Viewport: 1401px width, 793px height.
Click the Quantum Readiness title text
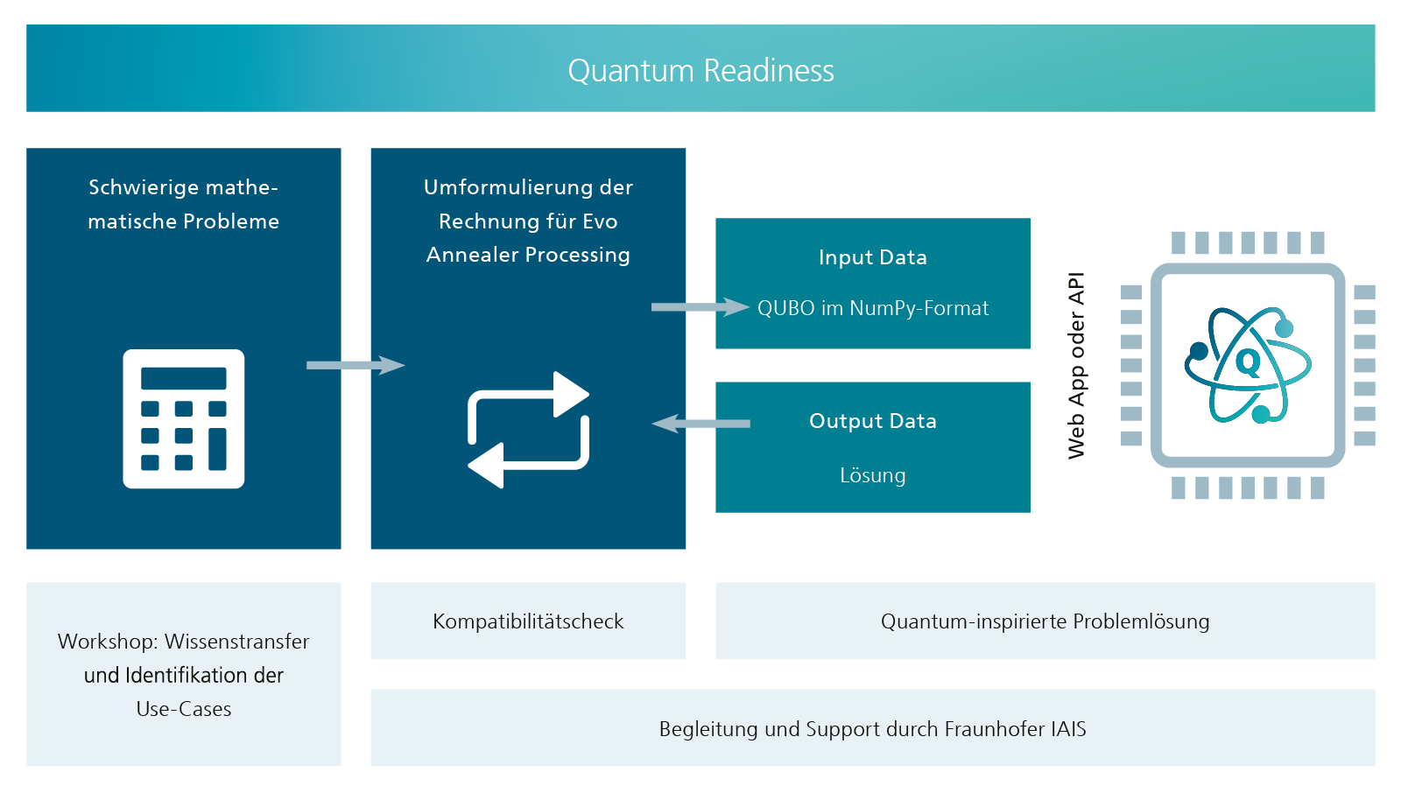coord(700,71)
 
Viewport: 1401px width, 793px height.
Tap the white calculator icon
coord(183,418)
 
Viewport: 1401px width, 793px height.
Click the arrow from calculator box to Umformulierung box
coord(356,365)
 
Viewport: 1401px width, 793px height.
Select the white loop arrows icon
coord(529,430)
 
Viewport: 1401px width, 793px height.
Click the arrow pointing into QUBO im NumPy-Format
coord(700,307)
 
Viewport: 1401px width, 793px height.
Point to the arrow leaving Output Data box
coord(700,424)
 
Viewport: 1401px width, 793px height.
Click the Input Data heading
coord(872,257)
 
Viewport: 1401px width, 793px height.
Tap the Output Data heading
coord(872,421)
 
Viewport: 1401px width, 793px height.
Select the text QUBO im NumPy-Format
coord(872,308)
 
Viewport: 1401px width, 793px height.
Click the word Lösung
coord(872,475)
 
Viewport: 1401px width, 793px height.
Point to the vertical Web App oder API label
coord(1076,365)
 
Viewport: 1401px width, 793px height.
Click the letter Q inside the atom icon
coord(1248,363)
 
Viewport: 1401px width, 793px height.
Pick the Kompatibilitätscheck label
coord(528,621)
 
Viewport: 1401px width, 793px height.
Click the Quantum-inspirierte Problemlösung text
coord(1045,621)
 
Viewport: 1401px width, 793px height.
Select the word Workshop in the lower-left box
coord(108,642)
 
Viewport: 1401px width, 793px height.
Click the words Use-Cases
coord(183,709)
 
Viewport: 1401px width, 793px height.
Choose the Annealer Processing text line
coord(528,256)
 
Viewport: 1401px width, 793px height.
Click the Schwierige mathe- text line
coord(183,187)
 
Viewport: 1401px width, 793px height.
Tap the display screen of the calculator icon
coord(183,378)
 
